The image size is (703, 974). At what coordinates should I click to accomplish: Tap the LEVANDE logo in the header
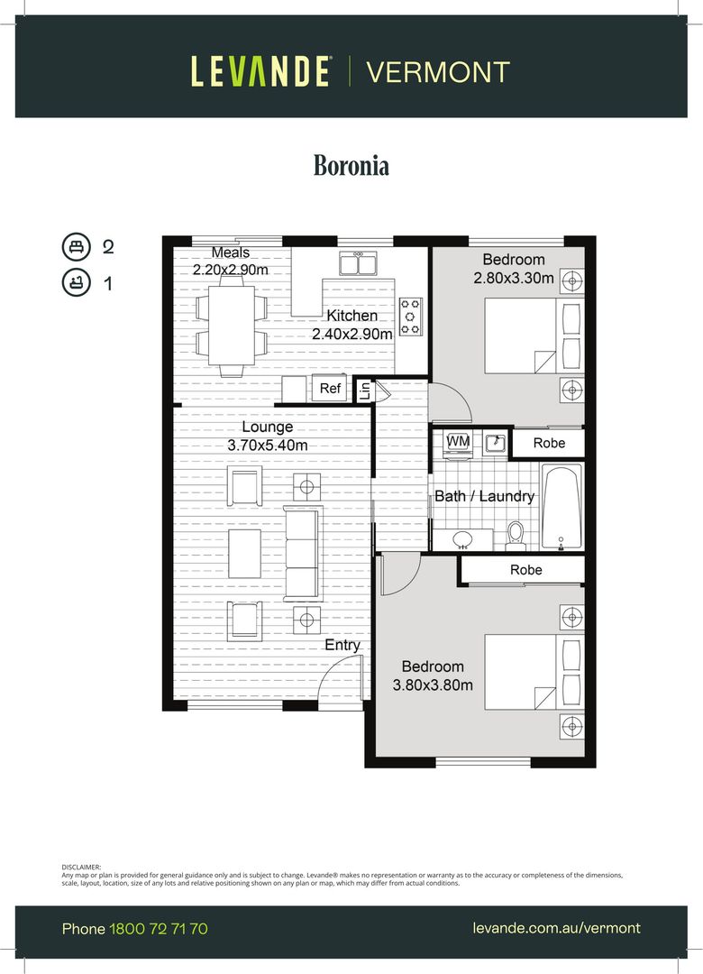tap(260, 71)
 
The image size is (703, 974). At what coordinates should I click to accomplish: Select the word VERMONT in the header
tap(438, 72)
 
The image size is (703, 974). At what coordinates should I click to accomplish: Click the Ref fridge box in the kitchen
tap(331, 389)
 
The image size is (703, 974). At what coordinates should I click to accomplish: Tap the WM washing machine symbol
tap(458, 441)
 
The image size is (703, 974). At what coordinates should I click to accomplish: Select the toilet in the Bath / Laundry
tap(516, 537)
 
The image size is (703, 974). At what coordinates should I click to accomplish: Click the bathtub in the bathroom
tap(561, 507)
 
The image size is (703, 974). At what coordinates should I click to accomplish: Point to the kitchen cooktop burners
tap(411, 317)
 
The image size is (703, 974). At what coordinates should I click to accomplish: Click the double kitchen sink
tap(358, 263)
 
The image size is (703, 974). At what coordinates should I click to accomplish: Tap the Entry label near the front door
tap(342, 645)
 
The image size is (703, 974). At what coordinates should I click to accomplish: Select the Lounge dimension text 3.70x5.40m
tap(267, 445)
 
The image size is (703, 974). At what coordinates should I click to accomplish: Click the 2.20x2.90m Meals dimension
tap(231, 270)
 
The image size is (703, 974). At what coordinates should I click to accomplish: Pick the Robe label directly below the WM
tap(525, 570)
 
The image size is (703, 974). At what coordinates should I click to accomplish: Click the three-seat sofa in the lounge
tap(302, 553)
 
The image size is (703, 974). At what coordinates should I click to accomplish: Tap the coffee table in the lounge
tap(244, 553)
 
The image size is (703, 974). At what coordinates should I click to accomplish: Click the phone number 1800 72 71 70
tap(159, 928)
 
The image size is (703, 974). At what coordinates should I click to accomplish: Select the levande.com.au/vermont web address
tap(556, 928)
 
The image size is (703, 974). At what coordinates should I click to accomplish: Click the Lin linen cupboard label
tap(364, 391)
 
